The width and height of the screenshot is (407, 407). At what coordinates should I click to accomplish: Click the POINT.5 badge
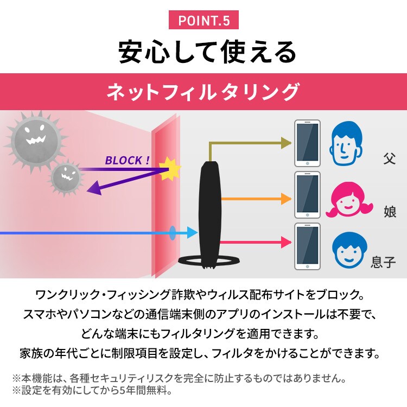click(x=203, y=20)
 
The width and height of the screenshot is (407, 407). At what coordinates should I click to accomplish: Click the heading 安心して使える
click(x=207, y=52)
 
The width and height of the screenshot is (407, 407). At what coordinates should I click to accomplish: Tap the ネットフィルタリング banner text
click(x=203, y=92)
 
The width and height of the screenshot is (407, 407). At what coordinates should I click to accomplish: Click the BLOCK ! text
click(x=127, y=161)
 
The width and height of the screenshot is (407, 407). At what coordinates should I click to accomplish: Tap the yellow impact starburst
click(x=170, y=169)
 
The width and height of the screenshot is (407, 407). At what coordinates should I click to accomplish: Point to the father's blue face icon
click(x=346, y=143)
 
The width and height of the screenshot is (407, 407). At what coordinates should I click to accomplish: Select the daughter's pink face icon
click(x=348, y=199)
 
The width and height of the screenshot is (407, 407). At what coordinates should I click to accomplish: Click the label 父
click(x=389, y=158)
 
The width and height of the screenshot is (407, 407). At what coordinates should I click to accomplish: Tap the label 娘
click(x=390, y=211)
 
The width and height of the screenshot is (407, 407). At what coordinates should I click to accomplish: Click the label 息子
click(x=383, y=262)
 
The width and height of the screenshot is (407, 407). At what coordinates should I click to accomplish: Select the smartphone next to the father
click(x=307, y=143)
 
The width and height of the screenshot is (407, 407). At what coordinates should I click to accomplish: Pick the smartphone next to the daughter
click(x=307, y=195)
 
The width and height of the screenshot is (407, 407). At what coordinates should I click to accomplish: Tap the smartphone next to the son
click(x=307, y=246)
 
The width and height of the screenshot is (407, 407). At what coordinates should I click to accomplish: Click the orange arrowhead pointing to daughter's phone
click(x=287, y=199)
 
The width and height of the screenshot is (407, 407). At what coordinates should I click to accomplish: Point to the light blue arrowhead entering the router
click(x=193, y=232)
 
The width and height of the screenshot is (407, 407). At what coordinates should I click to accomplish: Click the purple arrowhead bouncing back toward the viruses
click(x=94, y=188)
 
